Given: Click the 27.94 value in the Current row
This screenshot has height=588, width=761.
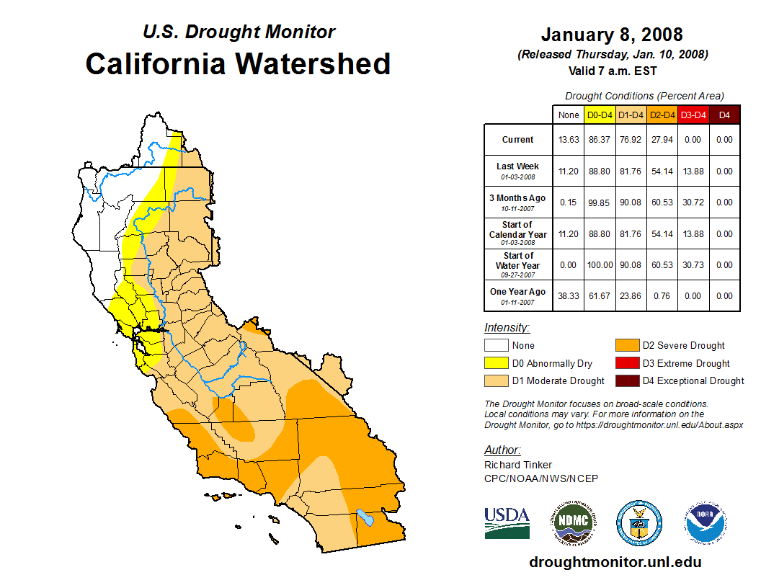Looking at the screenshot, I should pos(662,140).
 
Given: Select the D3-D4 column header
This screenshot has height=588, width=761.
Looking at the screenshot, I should pos(693,115).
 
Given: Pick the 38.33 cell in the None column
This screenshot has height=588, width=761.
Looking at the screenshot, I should pos(569,295).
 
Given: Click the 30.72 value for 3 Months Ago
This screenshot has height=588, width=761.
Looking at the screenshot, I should pos(693,202).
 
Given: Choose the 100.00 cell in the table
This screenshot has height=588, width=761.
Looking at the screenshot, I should pos(600,265).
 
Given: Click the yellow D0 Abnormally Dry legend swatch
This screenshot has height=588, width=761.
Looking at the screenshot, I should pos(496,363).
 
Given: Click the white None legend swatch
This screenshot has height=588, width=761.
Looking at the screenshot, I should pos(496,345).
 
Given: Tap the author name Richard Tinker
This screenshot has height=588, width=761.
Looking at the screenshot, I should pos(518,465).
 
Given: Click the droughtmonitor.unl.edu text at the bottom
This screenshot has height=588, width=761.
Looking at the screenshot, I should pos(615,562).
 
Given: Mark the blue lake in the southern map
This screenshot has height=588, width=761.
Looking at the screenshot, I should pos(366,517).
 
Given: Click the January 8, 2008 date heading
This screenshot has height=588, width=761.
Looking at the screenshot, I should pos(612,35).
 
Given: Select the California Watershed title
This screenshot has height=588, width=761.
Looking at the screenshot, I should pos(238,63).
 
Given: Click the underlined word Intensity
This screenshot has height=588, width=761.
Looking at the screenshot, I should pos(507,327).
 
